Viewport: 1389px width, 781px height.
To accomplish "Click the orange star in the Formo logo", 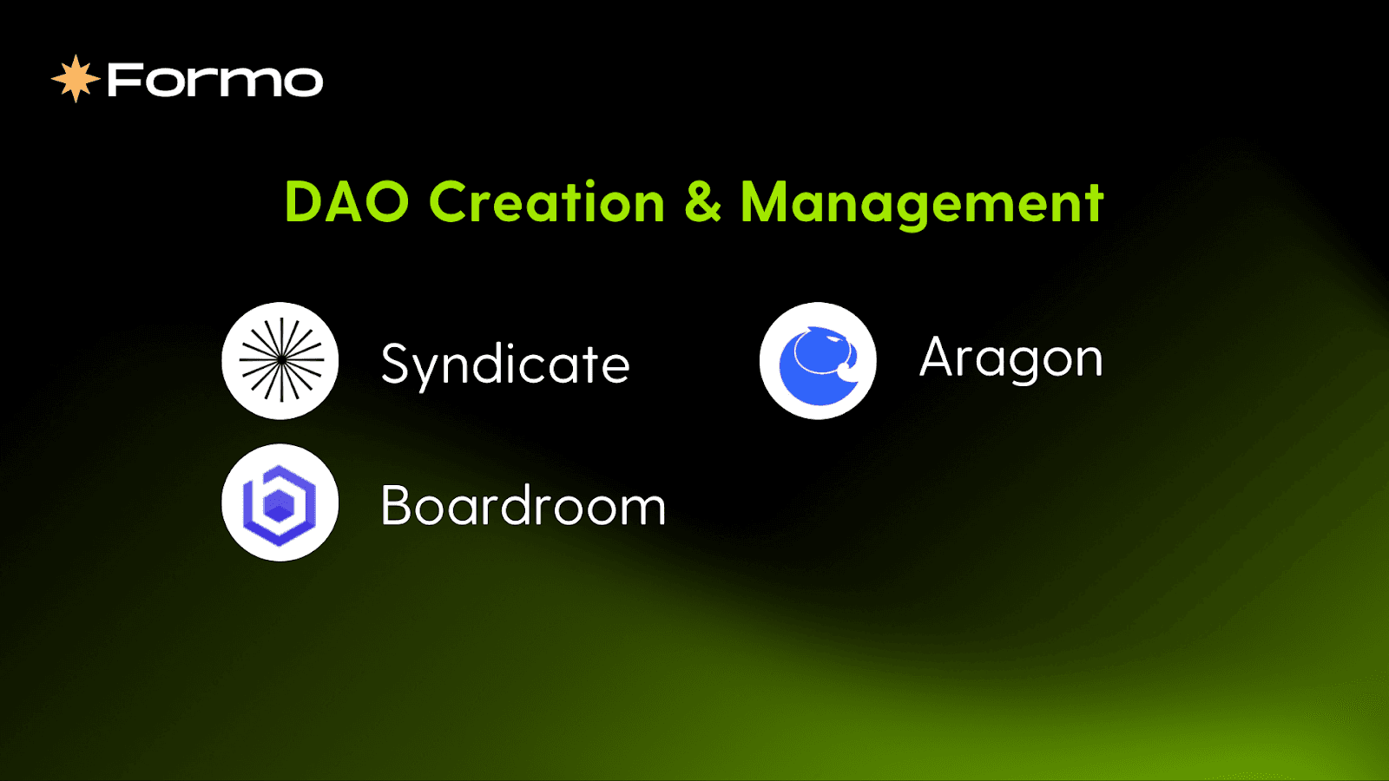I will click(x=76, y=79).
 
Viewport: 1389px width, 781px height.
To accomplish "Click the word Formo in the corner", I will click(x=214, y=81).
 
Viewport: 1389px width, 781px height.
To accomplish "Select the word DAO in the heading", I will click(x=346, y=202).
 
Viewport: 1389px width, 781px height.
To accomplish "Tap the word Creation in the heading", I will click(x=547, y=202).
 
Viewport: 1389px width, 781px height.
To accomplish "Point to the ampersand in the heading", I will click(x=702, y=202).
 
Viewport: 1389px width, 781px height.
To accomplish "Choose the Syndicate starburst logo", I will click(x=280, y=360).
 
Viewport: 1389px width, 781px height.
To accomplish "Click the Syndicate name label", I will click(x=505, y=364).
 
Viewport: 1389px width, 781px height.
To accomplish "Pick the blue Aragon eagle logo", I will click(x=818, y=360).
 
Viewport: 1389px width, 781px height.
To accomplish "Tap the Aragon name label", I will click(x=1010, y=358).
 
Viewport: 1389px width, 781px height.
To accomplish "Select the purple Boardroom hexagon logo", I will click(x=280, y=502).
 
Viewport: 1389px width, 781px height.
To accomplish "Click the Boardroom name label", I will click(x=523, y=506).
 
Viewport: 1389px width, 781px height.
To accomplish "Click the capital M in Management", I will click(x=767, y=202).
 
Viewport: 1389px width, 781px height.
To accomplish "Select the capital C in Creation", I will click(x=451, y=202).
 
